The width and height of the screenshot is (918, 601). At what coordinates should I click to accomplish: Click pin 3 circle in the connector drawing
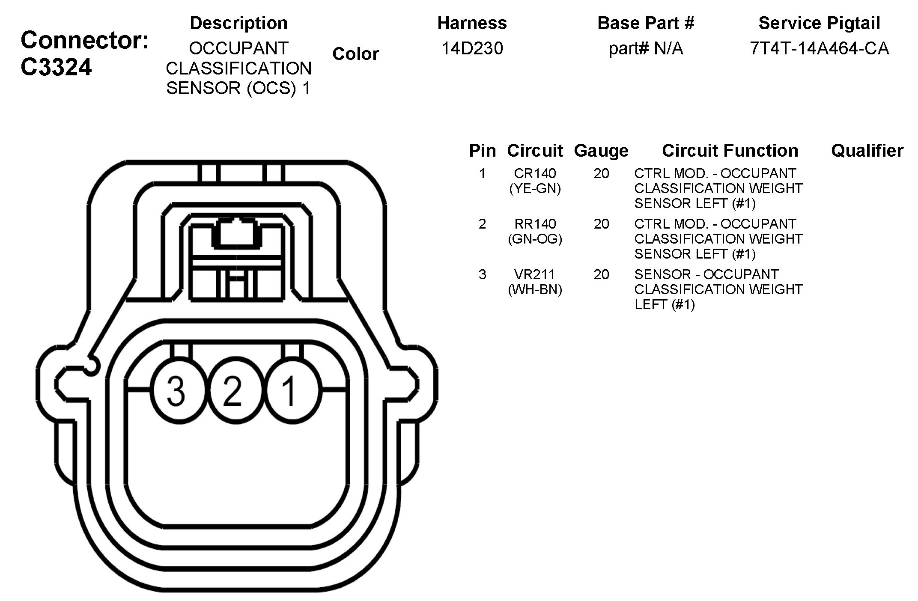176,390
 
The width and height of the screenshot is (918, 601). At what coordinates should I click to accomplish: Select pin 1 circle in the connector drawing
293,390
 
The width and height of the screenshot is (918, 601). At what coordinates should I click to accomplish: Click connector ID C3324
56,67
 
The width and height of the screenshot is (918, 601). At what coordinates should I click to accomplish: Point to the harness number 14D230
472,48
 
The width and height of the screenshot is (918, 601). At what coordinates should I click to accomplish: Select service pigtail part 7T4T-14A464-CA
819,48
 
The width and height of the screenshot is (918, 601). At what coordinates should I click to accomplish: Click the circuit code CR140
535,173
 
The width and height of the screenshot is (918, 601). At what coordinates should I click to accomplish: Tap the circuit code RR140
535,224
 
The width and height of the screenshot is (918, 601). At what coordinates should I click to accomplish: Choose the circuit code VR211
535,274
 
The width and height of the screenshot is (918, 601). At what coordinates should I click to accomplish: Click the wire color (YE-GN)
535,188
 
